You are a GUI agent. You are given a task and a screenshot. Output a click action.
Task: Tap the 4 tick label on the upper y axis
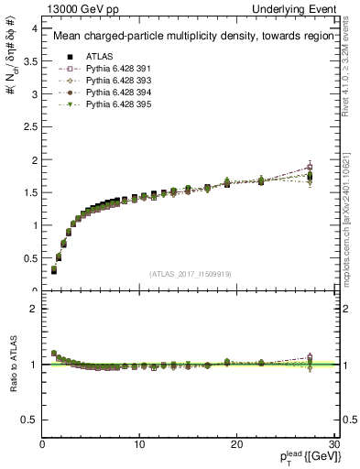(33, 28)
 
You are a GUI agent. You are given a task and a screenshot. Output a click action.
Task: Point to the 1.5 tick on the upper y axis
(29, 192)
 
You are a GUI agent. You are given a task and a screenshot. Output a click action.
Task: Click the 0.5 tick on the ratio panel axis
(29, 420)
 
